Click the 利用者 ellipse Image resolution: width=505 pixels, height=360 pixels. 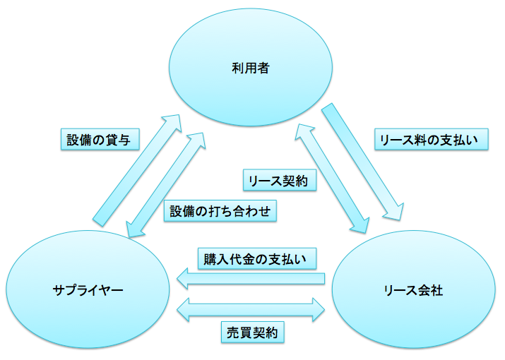[x=250, y=69]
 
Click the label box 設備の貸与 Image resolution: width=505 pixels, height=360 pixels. [x=99, y=139]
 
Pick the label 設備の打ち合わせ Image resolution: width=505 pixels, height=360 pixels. [x=220, y=211]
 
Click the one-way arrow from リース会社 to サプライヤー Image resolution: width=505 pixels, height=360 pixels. [x=251, y=280]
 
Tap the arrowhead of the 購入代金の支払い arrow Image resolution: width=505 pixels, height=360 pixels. [x=184, y=280]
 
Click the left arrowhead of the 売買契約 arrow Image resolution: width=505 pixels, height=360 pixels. [x=183, y=308]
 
